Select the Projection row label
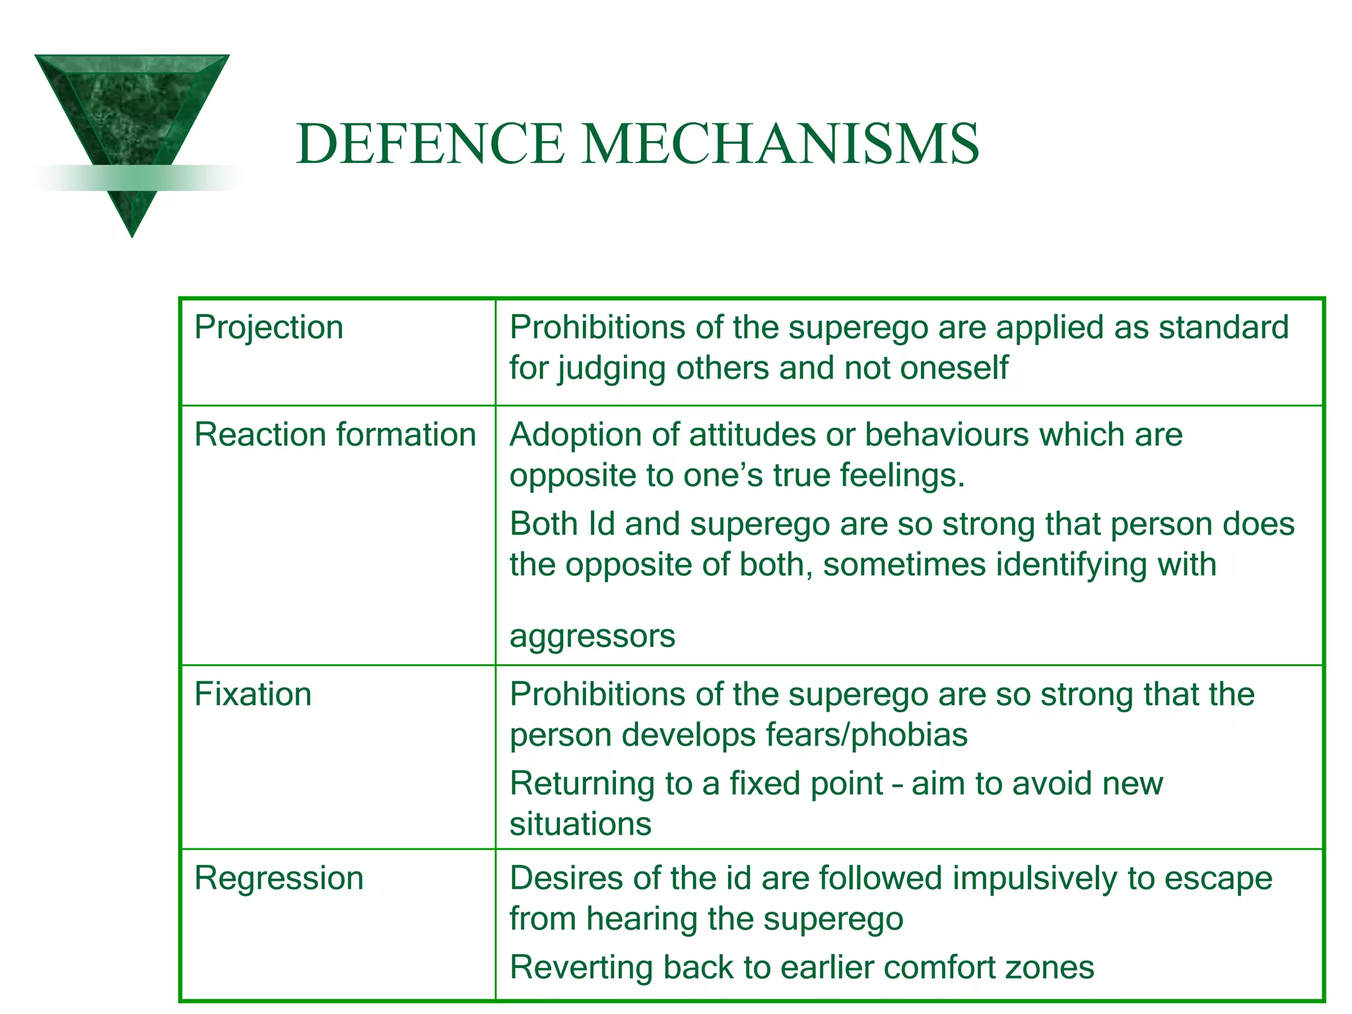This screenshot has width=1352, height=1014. [269, 327]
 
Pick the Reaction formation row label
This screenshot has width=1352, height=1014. [335, 435]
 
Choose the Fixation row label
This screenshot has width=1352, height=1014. [253, 694]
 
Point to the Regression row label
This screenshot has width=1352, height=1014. [279, 879]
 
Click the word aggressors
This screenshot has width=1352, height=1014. [592, 636]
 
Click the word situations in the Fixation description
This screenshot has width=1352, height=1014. [580, 824]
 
